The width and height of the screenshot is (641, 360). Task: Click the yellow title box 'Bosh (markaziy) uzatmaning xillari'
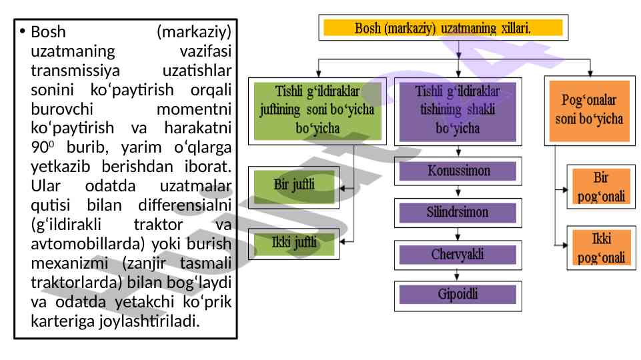pos(443,28)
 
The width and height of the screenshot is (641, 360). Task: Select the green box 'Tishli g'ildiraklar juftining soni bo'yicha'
pos(317,111)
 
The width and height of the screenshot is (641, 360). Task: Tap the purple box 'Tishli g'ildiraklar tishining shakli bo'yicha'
pos(458,111)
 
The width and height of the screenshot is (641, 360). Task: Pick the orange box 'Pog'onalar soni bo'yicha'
pos(589,111)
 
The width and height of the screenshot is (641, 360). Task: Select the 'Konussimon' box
pos(458,171)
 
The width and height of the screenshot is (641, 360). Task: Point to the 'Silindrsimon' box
pos(458,213)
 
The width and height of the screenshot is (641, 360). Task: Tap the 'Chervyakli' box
pos(458,255)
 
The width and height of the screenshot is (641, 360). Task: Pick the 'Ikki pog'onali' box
pos(600,247)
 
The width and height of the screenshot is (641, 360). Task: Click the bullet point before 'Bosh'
pos(22,31)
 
